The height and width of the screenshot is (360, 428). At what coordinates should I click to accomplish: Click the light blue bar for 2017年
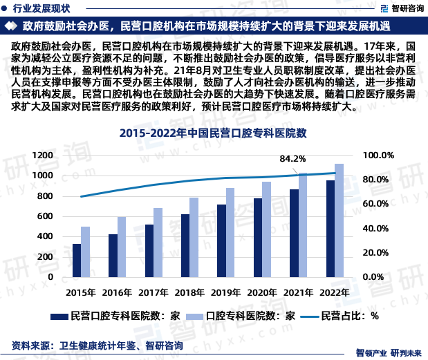tap(158, 242)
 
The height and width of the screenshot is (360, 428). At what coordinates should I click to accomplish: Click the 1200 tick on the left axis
tap(42, 155)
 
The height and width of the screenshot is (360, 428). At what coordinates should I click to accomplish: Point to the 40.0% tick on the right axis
tap(377, 228)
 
